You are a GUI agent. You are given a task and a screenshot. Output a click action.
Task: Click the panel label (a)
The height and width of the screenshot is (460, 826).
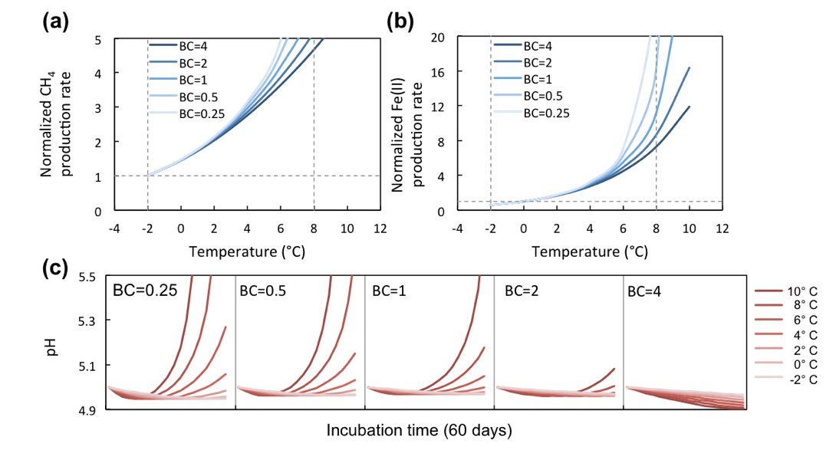click(56, 21)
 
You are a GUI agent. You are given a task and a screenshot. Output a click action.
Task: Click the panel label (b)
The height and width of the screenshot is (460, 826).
click(400, 21)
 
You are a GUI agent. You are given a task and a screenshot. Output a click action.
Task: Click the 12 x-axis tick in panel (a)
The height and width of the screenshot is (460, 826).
click(380, 228)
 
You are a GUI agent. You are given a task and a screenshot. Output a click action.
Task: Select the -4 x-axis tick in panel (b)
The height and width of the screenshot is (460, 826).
click(457, 228)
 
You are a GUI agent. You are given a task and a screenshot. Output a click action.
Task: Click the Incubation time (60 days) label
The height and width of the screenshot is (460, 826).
click(420, 431)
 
